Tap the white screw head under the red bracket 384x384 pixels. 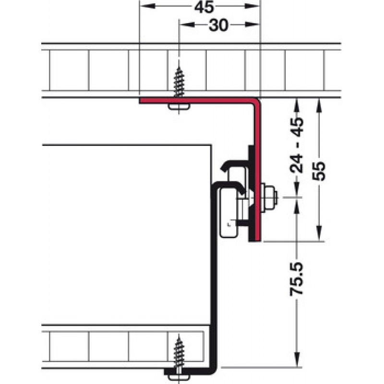click(180, 107)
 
